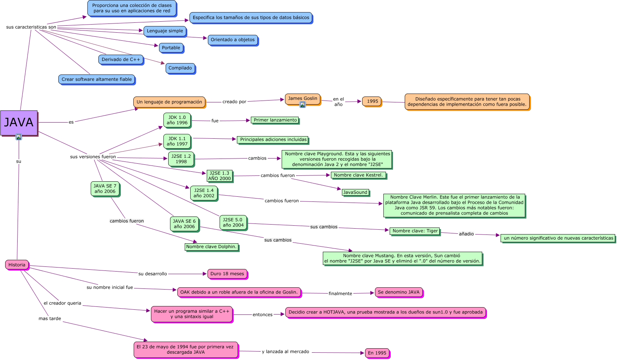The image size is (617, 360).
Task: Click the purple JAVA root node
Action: (x=19, y=123)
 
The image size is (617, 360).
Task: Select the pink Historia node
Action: (x=17, y=265)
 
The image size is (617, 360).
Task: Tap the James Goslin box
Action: (x=302, y=98)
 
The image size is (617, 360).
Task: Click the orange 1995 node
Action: (x=372, y=101)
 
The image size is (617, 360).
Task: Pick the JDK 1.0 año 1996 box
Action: (x=177, y=120)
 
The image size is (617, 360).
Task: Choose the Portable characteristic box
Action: (x=171, y=48)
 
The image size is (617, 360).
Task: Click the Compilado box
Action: (x=180, y=68)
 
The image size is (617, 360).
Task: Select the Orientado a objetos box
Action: (x=232, y=40)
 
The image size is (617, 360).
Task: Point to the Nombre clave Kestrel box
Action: (x=358, y=175)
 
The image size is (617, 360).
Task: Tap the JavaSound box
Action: (x=355, y=192)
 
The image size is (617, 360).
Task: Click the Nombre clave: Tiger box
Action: (x=415, y=231)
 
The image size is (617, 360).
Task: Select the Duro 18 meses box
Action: (x=227, y=274)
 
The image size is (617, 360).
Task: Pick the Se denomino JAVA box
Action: (x=398, y=292)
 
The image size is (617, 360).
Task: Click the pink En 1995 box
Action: (x=377, y=353)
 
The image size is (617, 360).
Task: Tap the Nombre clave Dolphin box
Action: (x=211, y=247)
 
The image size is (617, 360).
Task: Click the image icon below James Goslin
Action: (x=303, y=105)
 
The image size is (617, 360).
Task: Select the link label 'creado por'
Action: (x=234, y=102)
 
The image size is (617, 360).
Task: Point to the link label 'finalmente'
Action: (x=340, y=294)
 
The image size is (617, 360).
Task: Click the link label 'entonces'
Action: (x=262, y=314)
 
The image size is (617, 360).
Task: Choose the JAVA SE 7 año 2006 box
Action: (x=105, y=189)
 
